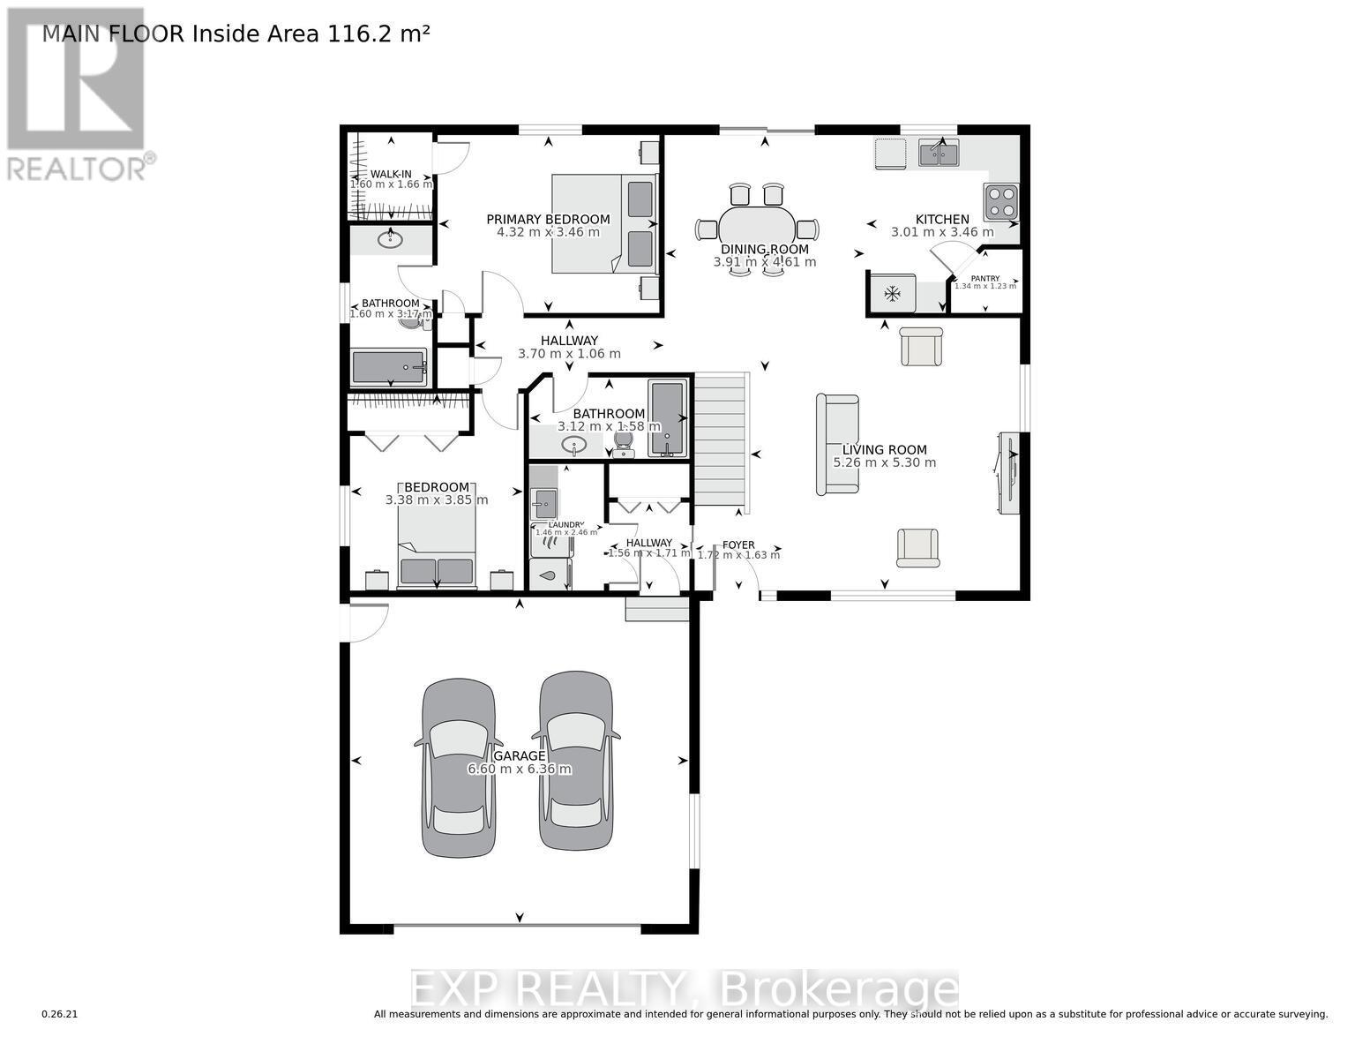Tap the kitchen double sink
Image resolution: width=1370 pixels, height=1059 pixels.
939,154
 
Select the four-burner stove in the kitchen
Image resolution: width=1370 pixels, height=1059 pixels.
1001,199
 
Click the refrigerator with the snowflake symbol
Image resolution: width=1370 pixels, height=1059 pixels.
892,293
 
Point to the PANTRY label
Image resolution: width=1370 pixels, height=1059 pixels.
984,278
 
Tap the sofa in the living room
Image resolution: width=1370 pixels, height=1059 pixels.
837,444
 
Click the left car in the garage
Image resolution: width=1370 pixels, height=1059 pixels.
456,768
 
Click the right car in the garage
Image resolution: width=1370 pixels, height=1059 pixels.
576,761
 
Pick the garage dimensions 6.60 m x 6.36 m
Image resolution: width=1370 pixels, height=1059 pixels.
519,769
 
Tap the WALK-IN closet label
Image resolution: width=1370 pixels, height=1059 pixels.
391,174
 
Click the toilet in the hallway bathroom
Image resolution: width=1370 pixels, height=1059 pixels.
623,443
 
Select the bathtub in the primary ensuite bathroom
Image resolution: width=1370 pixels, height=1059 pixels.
389,367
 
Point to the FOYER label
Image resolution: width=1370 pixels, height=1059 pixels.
738,545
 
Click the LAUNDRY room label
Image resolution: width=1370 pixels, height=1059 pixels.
565,524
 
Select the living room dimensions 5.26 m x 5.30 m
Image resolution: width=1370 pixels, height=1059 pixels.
884,462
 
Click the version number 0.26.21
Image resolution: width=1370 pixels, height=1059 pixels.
60,1014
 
